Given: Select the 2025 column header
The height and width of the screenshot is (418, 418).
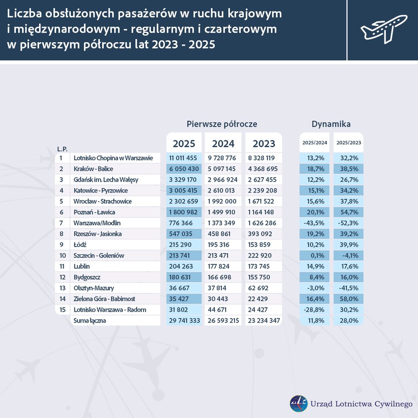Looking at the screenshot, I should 184,144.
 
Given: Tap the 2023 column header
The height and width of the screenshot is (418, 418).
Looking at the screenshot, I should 264,144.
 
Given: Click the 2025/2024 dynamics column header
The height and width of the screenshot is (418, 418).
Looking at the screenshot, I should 315,143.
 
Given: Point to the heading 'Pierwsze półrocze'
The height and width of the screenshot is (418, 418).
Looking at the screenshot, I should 222,124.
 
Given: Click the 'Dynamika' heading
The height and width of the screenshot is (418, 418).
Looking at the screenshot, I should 331,124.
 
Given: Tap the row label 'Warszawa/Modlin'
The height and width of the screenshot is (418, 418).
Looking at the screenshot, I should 97,223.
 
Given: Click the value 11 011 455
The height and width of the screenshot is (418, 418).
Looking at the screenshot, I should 184,158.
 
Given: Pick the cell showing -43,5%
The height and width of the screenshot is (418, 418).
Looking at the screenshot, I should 315,223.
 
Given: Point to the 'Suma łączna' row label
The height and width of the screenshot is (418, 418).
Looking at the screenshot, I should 89,321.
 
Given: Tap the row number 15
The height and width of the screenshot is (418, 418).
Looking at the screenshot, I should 61,310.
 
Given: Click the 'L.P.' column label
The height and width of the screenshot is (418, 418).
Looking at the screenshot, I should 62,149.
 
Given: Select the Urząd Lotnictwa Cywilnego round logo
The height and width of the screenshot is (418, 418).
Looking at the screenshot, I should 299,403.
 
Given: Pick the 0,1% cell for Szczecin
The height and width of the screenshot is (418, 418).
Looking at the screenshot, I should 315,256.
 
